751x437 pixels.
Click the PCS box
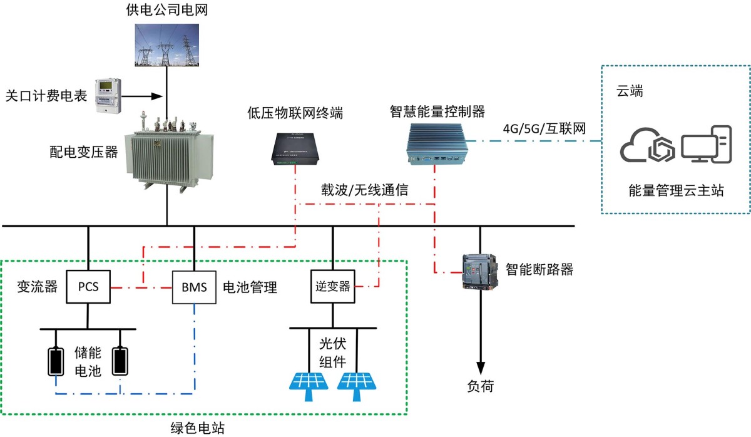pyautogui.click(x=88, y=287)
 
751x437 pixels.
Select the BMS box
pyautogui.click(x=194, y=287)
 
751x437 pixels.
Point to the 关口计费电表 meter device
pyautogui.click(x=108, y=96)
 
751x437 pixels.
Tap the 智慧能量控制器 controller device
pyautogui.click(x=436, y=143)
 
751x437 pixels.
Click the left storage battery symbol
pyautogui.click(x=57, y=361)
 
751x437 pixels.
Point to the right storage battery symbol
pyautogui.click(x=119, y=361)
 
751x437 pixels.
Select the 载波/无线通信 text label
pyautogui.click(x=365, y=190)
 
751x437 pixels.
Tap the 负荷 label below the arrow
pyautogui.click(x=481, y=386)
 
